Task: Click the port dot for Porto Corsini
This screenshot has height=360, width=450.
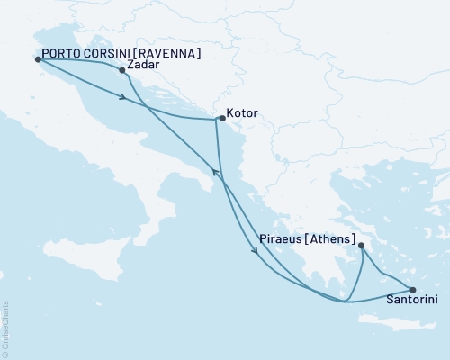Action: point(38,59)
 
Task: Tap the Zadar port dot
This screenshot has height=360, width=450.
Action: point(121,68)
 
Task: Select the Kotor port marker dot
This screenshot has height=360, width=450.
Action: point(221,118)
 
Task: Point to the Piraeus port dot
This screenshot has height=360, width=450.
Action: point(360,245)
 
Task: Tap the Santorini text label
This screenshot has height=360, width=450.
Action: point(412,301)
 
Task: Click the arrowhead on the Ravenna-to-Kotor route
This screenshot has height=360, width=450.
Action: point(121,96)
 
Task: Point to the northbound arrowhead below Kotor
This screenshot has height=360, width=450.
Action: point(213,171)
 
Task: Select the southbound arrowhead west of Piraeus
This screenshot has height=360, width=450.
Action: point(259,250)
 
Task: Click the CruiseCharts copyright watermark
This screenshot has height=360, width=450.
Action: point(5,328)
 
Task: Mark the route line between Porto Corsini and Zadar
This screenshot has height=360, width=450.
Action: point(81,60)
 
